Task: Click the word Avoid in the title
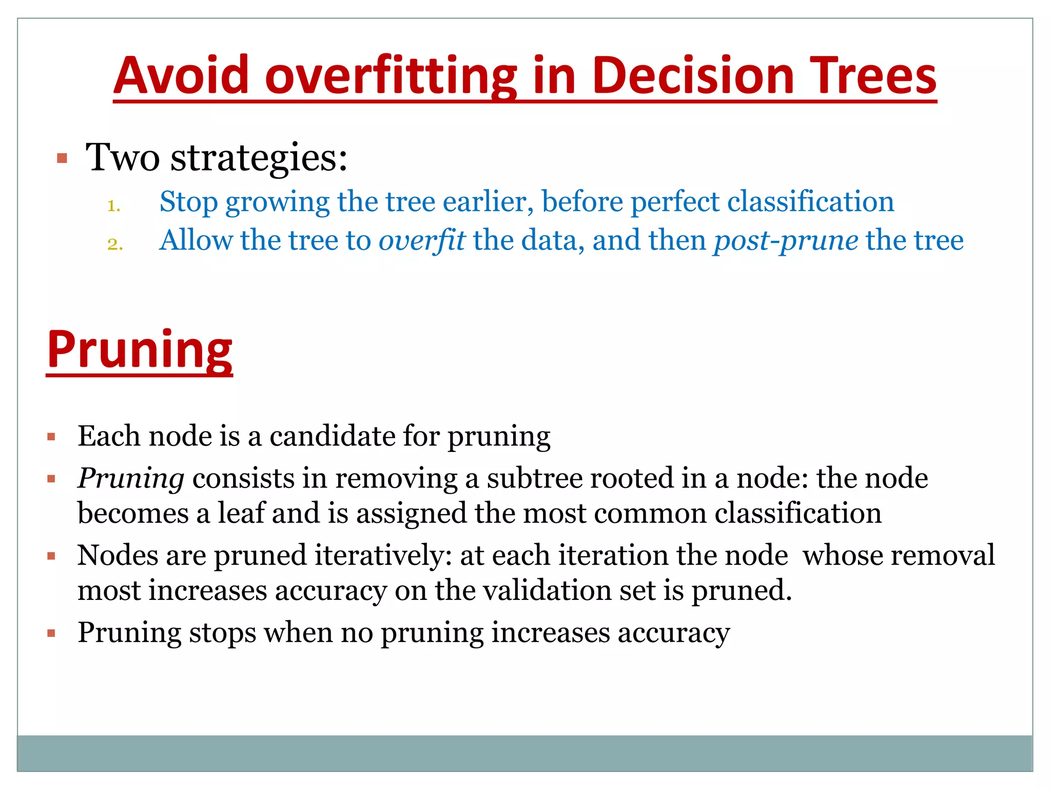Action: (x=181, y=76)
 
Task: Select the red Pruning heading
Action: (x=140, y=350)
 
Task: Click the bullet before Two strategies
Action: (x=62, y=158)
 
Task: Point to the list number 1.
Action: (x=113, y=206)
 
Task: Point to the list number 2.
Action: (x=115, y=244)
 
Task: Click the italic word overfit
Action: (x=422, y=240)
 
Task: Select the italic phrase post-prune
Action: (x=785, y=240)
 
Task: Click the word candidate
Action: (x=333, y=436)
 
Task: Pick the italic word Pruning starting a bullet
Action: (x=131, y=479)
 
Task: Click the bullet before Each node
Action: (x=51, y=437)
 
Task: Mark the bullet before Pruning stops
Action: (x=51, y=633)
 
